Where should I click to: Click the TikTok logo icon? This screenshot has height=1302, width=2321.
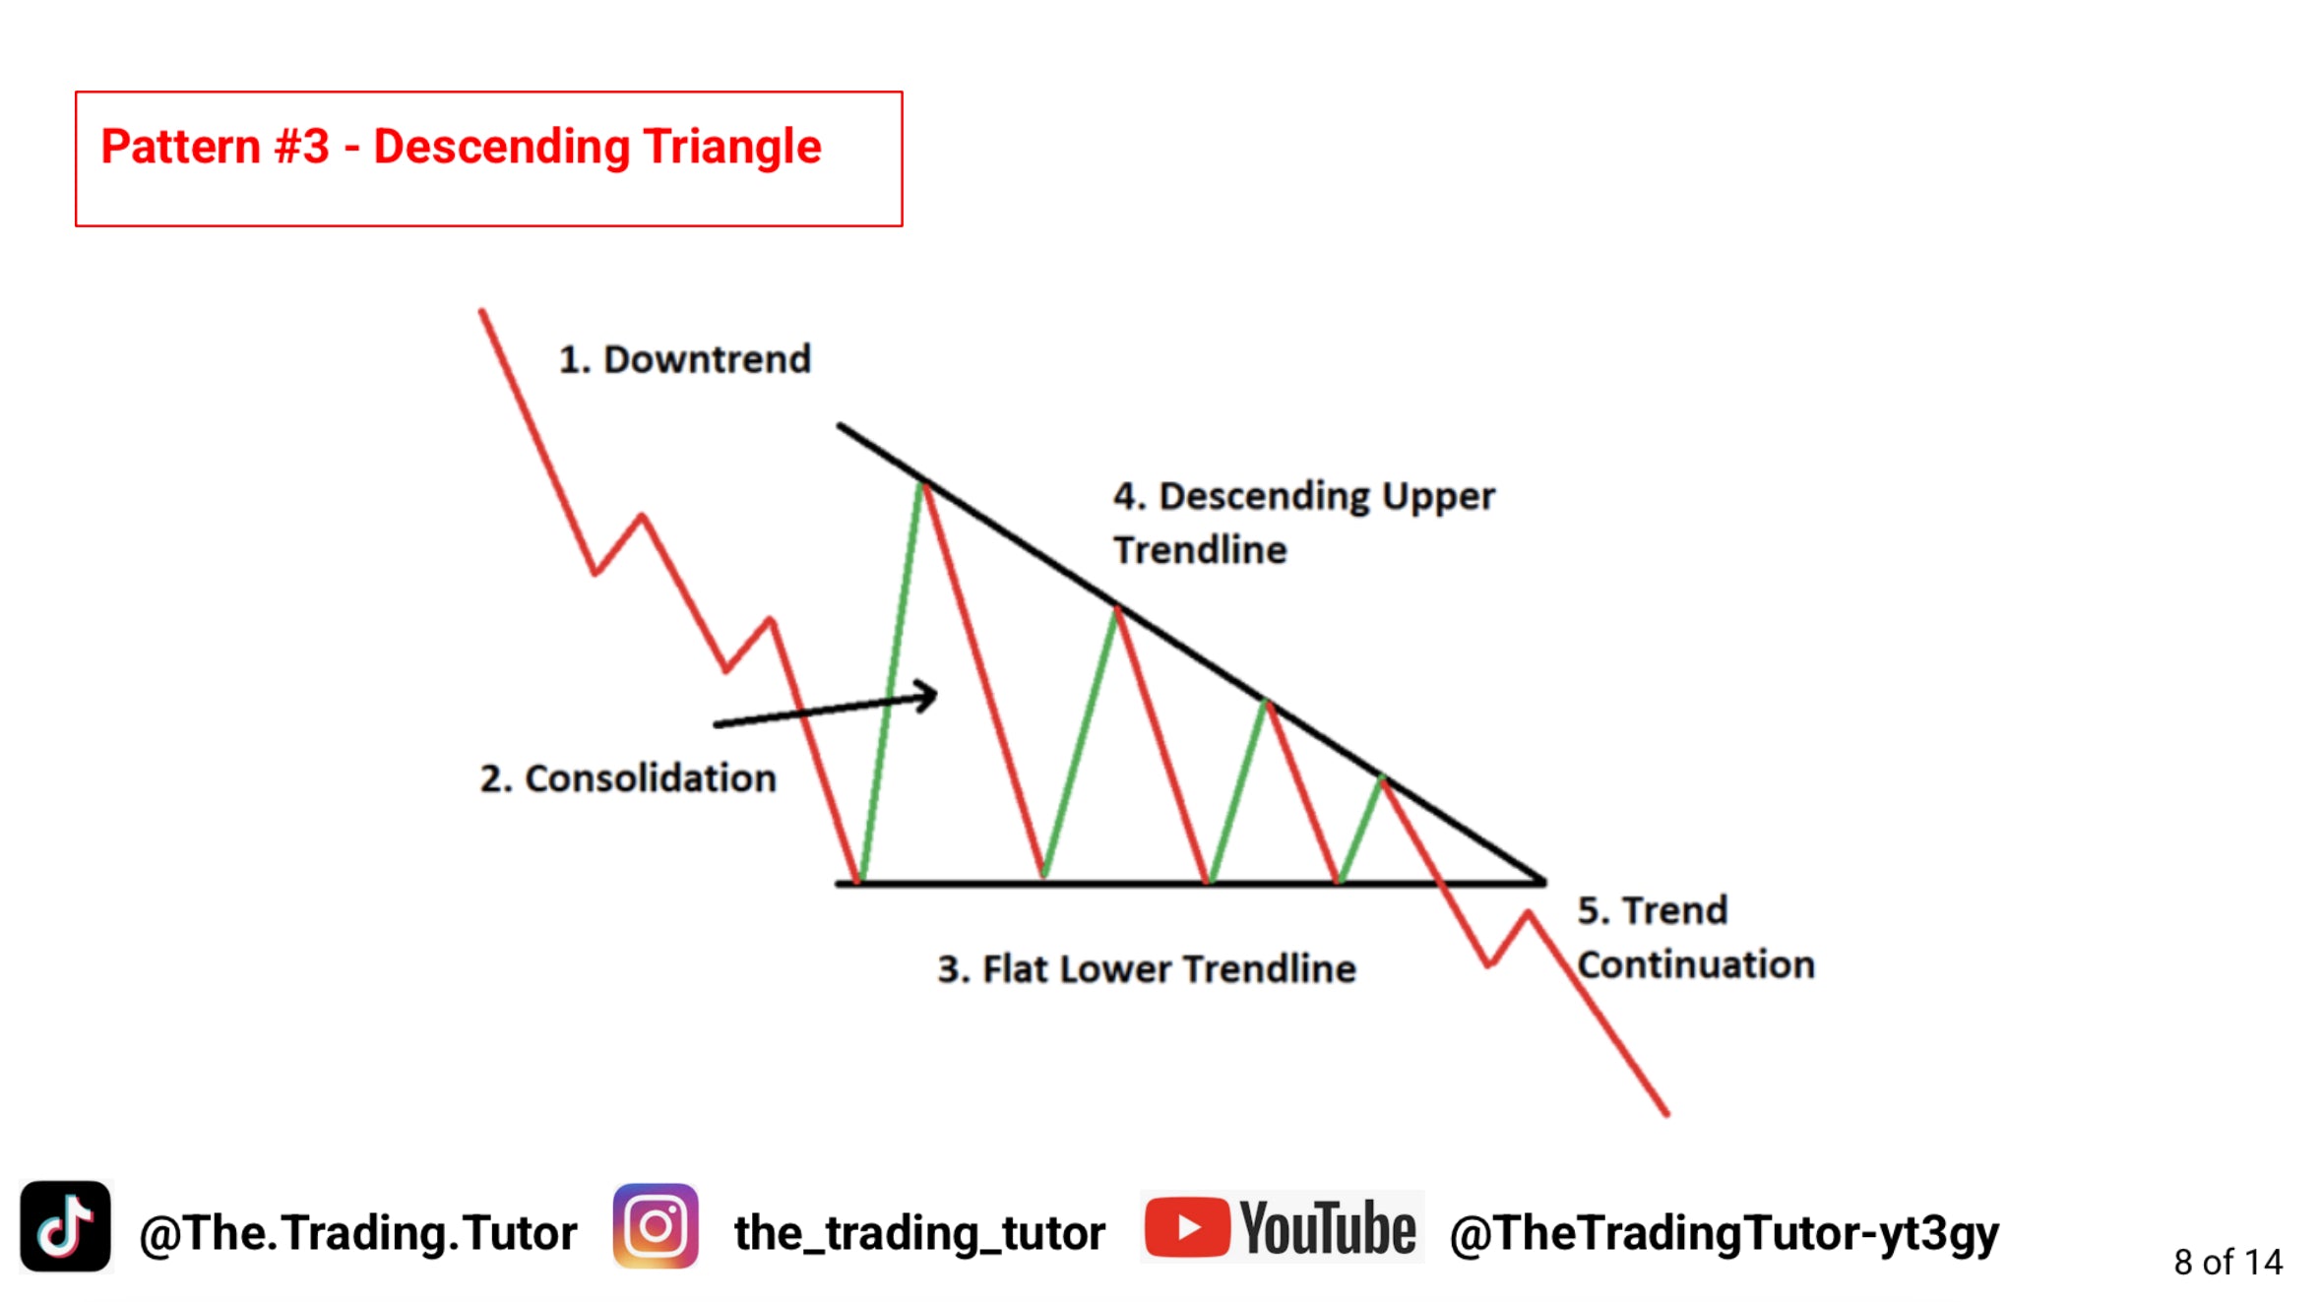click(65, 1226)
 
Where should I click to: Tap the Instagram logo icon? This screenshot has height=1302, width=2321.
click(656, 1226)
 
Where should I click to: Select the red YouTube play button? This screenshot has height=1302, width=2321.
click(1187, 1227)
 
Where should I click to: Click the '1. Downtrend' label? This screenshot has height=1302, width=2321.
click(685, 359)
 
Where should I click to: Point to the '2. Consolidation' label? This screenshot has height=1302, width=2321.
click(628, 778)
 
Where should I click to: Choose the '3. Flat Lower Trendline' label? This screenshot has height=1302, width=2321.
click(1147, 969)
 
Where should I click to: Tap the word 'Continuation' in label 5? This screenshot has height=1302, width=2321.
click(1696, 964)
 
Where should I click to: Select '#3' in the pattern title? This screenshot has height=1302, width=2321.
click(302, 147)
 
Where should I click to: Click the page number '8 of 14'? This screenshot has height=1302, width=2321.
click(2228, 1262)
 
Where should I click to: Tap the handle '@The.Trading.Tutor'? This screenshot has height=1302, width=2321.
click(358, 1233)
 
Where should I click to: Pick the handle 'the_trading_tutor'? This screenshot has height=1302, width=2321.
click(920, 1233)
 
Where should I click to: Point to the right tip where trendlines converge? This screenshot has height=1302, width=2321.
click(1543, 882)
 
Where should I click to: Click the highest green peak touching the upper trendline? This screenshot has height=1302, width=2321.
click(922, 483)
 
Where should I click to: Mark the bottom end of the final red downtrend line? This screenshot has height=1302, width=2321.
click(1666, 1114)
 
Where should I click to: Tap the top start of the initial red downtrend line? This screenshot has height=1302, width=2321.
click(481, 312)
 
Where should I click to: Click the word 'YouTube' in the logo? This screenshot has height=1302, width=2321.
click(1327, 1228)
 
